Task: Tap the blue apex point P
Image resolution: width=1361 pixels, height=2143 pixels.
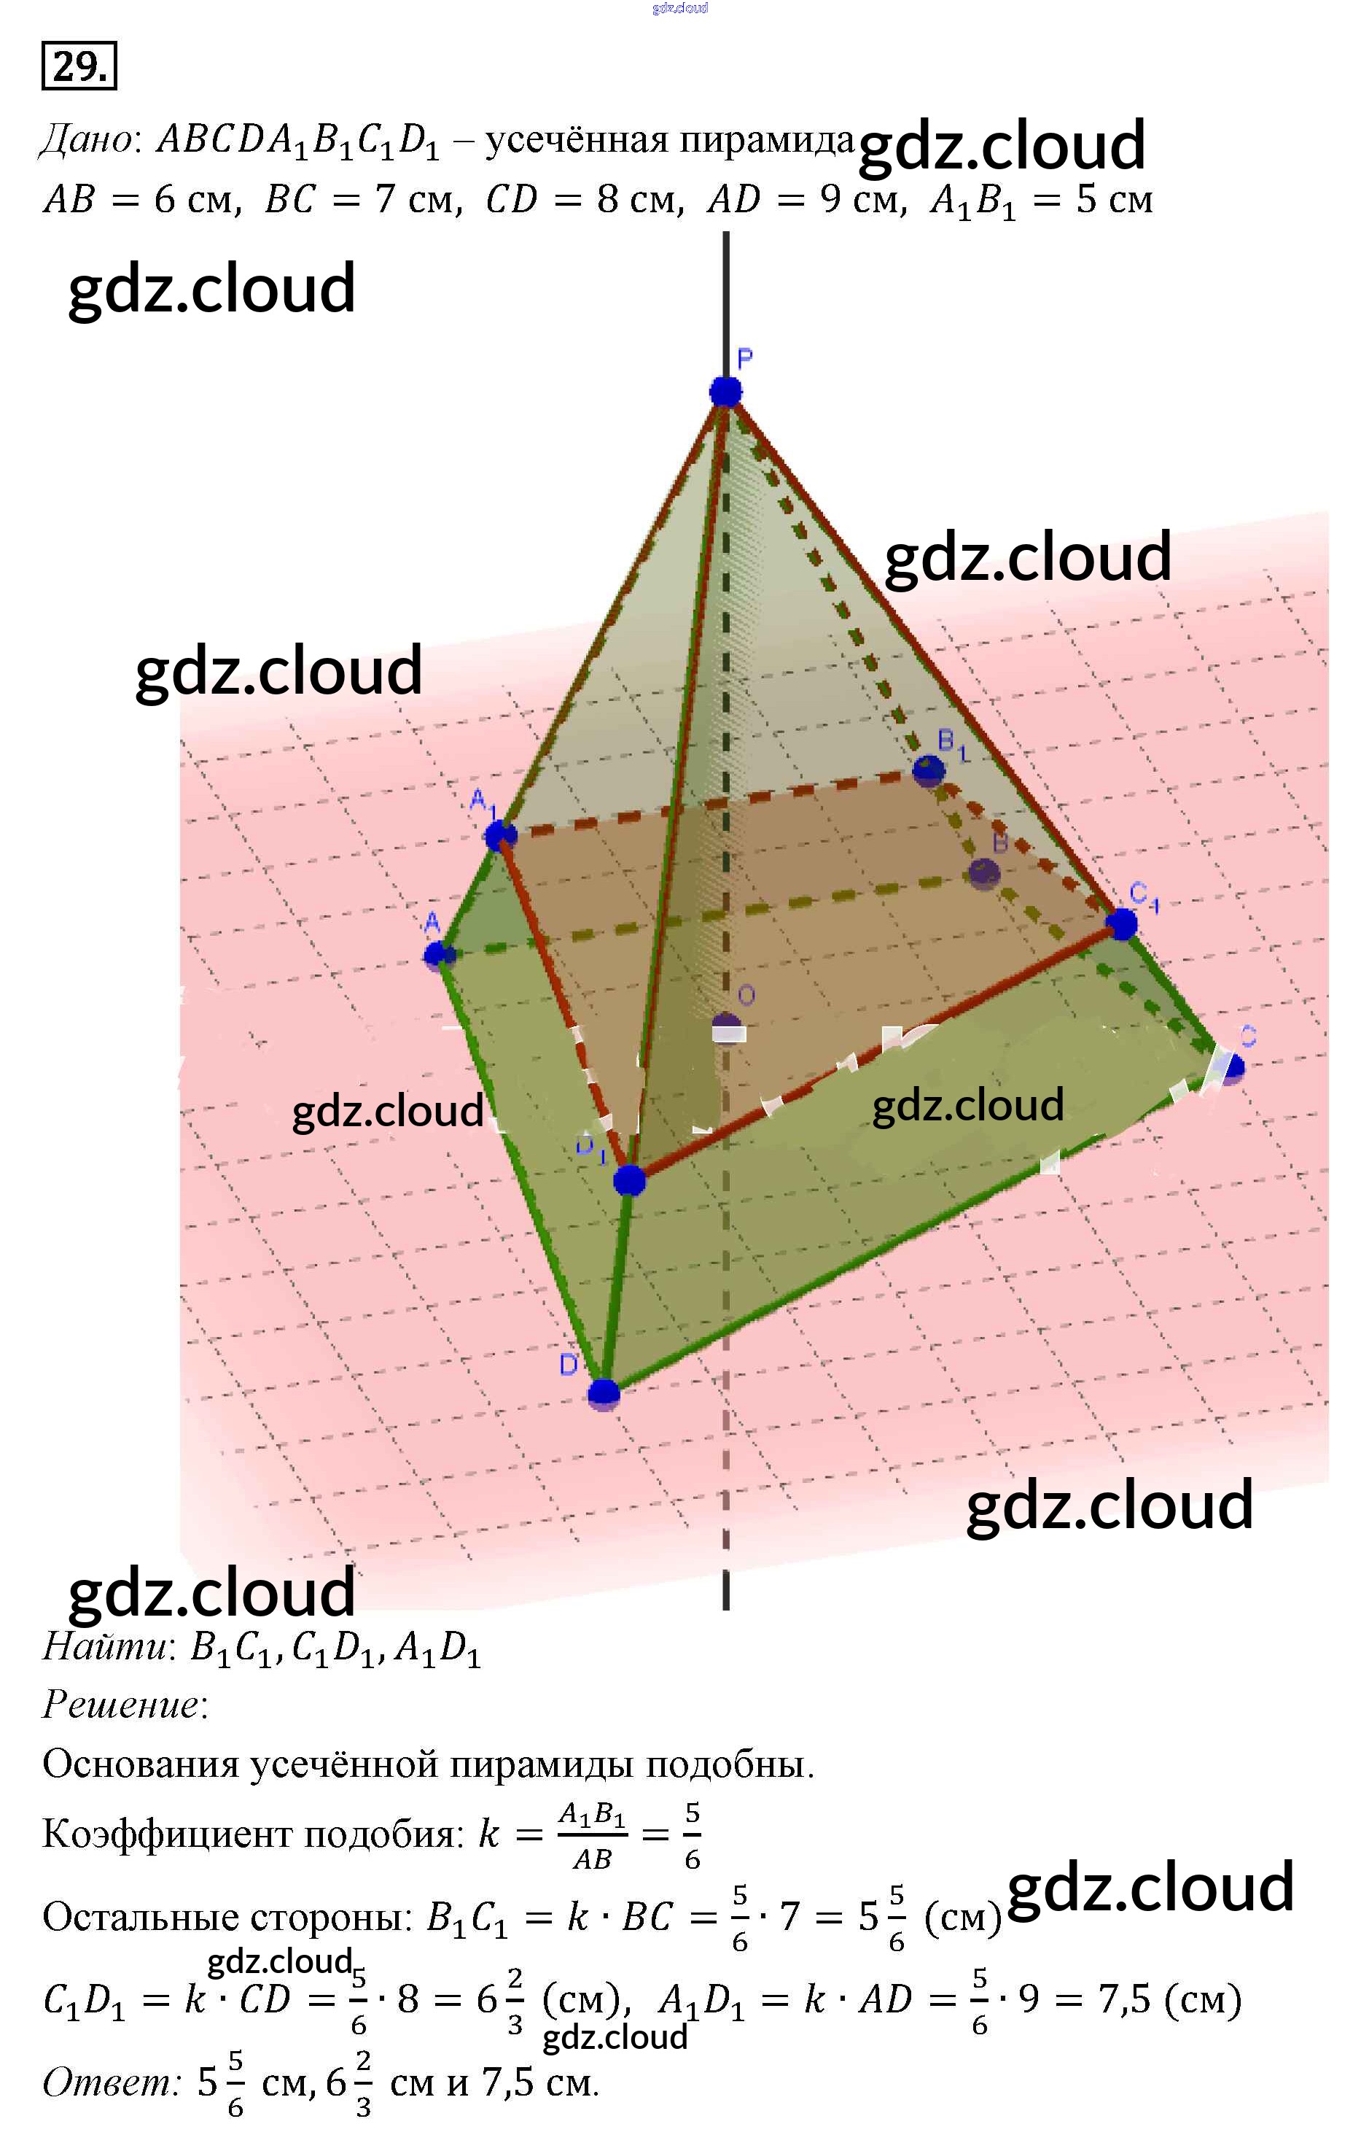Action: pos(726,391)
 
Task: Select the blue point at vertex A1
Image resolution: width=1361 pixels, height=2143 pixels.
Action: pos(501,834)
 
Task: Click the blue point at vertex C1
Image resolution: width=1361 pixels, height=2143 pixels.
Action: pos(1122,923)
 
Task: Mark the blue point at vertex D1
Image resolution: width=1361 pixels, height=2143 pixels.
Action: pos(629,1180)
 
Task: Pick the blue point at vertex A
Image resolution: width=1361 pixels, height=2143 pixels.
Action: pos(437,956)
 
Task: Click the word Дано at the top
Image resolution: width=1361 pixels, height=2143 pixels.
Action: pos(86,140)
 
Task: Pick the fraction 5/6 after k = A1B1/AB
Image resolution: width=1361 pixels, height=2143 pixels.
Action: pos(692,1836)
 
